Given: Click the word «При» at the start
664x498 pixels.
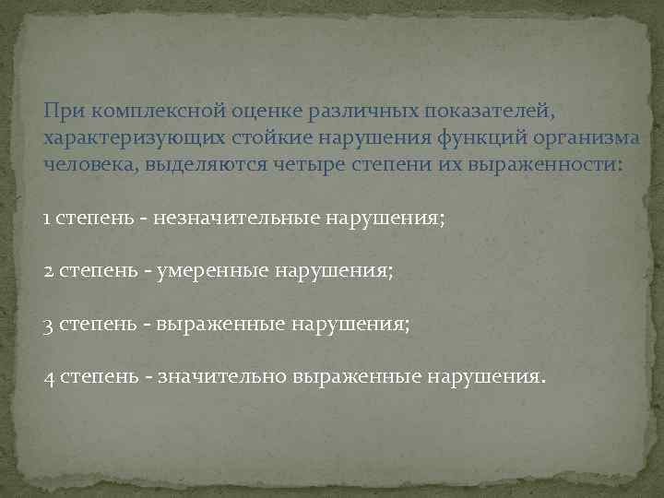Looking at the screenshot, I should point(61,111).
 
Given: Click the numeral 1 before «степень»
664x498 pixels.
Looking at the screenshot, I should point(47,219).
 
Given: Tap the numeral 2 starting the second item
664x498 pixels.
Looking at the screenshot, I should point(48,273).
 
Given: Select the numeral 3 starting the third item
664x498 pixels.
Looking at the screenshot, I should point(48,326).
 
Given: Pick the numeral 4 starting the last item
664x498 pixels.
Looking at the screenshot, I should point(48,377).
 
